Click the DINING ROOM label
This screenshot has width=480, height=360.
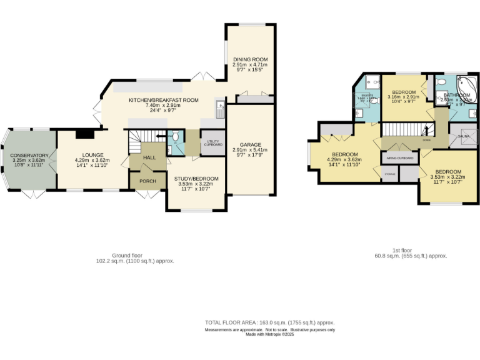[x=249, y=59]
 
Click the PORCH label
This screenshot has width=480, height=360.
[x=147, y=181]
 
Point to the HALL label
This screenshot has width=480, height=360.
[x=149, y=158]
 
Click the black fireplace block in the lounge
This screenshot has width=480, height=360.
[x=83, y=132]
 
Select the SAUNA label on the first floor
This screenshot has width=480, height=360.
[x=464, y=136]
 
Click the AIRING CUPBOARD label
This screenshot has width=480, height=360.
[x=400, y=158]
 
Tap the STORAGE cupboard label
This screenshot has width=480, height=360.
[x=389, y=174]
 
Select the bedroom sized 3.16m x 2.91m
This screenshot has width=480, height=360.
[x=403, y=97]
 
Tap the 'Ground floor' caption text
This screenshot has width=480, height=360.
[x=127, y=256]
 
